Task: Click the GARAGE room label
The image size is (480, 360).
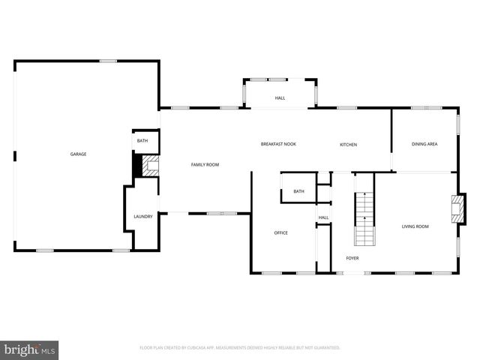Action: (78, 154)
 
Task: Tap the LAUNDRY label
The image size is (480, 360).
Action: (143, 217)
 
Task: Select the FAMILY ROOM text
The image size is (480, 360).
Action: (205, 164)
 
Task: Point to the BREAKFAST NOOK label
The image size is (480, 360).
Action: (278, 144)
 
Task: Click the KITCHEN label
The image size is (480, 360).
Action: (348, 144)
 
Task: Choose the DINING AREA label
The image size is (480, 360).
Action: (424, 144)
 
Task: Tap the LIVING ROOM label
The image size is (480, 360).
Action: (415, 226)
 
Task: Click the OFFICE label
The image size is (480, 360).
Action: (280, 232)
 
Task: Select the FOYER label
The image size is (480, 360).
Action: (352, 258)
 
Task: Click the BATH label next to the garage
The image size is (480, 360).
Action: (142, 140)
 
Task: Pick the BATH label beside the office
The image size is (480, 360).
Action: (298, 191)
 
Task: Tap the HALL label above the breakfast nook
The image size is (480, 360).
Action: (280, 97)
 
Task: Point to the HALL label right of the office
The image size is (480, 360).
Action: (323, 217)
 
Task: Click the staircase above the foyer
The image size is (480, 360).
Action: (364, 218)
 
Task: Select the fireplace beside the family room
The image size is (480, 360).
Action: (150, 166)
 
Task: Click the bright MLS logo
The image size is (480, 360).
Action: (30, 350)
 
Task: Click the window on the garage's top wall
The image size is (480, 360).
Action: (109, 61)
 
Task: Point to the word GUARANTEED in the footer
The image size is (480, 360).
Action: (324, 347)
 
